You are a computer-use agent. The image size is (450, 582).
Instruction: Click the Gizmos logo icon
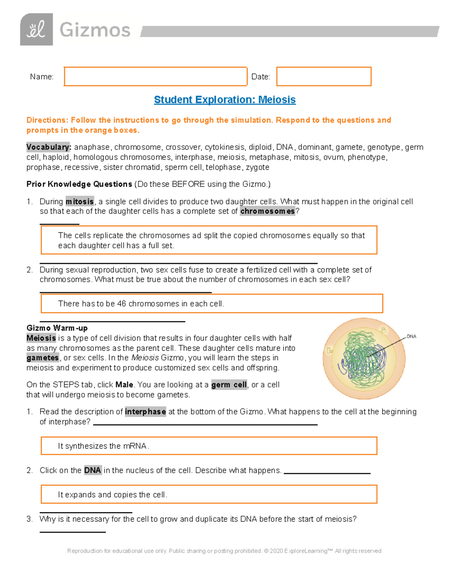[36, 30]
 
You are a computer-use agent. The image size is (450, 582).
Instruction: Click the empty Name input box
[155, 76]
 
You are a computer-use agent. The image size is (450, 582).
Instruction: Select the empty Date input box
[324, 76]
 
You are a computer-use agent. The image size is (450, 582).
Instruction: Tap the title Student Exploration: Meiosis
[225, 100]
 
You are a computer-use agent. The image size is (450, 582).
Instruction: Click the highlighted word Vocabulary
[48, 147]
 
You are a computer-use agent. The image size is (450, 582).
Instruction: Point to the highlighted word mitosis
[79, 202]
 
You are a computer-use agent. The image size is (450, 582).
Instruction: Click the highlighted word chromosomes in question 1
[267, 211]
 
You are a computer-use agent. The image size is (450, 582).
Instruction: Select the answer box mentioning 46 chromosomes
[211, 304]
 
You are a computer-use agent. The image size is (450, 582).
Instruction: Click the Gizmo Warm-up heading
[57, 328]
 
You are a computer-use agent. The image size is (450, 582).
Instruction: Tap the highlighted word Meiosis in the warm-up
[41, 338]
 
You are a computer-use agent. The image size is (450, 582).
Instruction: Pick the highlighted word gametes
[42, 358]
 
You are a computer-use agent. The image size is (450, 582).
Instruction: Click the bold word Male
[124, 385]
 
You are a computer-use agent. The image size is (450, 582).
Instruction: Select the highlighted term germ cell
[229, 385]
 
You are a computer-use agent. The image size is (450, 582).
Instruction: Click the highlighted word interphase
[145, 412]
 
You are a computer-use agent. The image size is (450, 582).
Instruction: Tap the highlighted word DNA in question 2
[92, 470]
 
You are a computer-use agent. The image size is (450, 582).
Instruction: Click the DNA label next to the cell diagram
[411, 337]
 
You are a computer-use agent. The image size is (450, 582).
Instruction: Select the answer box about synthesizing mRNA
[208, 446]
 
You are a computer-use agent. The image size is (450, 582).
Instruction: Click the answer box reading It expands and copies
[208, 495]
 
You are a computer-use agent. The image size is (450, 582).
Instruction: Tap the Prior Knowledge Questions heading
[79, 184]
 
